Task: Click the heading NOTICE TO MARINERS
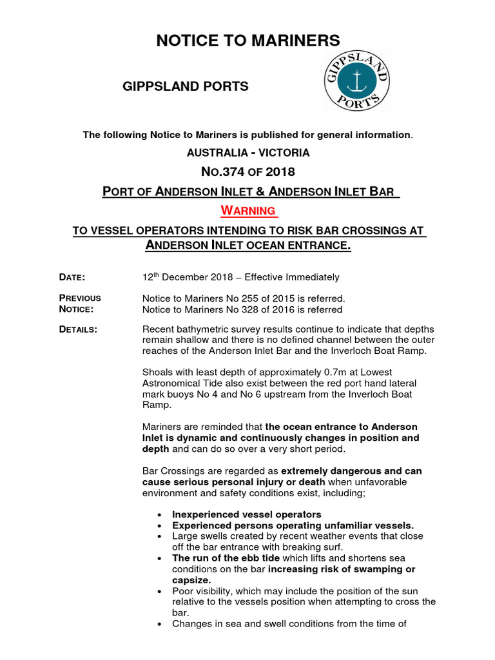247,41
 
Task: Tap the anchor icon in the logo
356,81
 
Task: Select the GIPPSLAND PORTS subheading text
186,86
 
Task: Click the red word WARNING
248,211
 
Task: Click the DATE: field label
72,277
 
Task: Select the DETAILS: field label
79,329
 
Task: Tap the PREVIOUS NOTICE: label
80,304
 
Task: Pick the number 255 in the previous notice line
252,298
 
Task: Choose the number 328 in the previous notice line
252,309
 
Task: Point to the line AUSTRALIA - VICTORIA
248,153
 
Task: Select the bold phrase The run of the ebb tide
221,558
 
